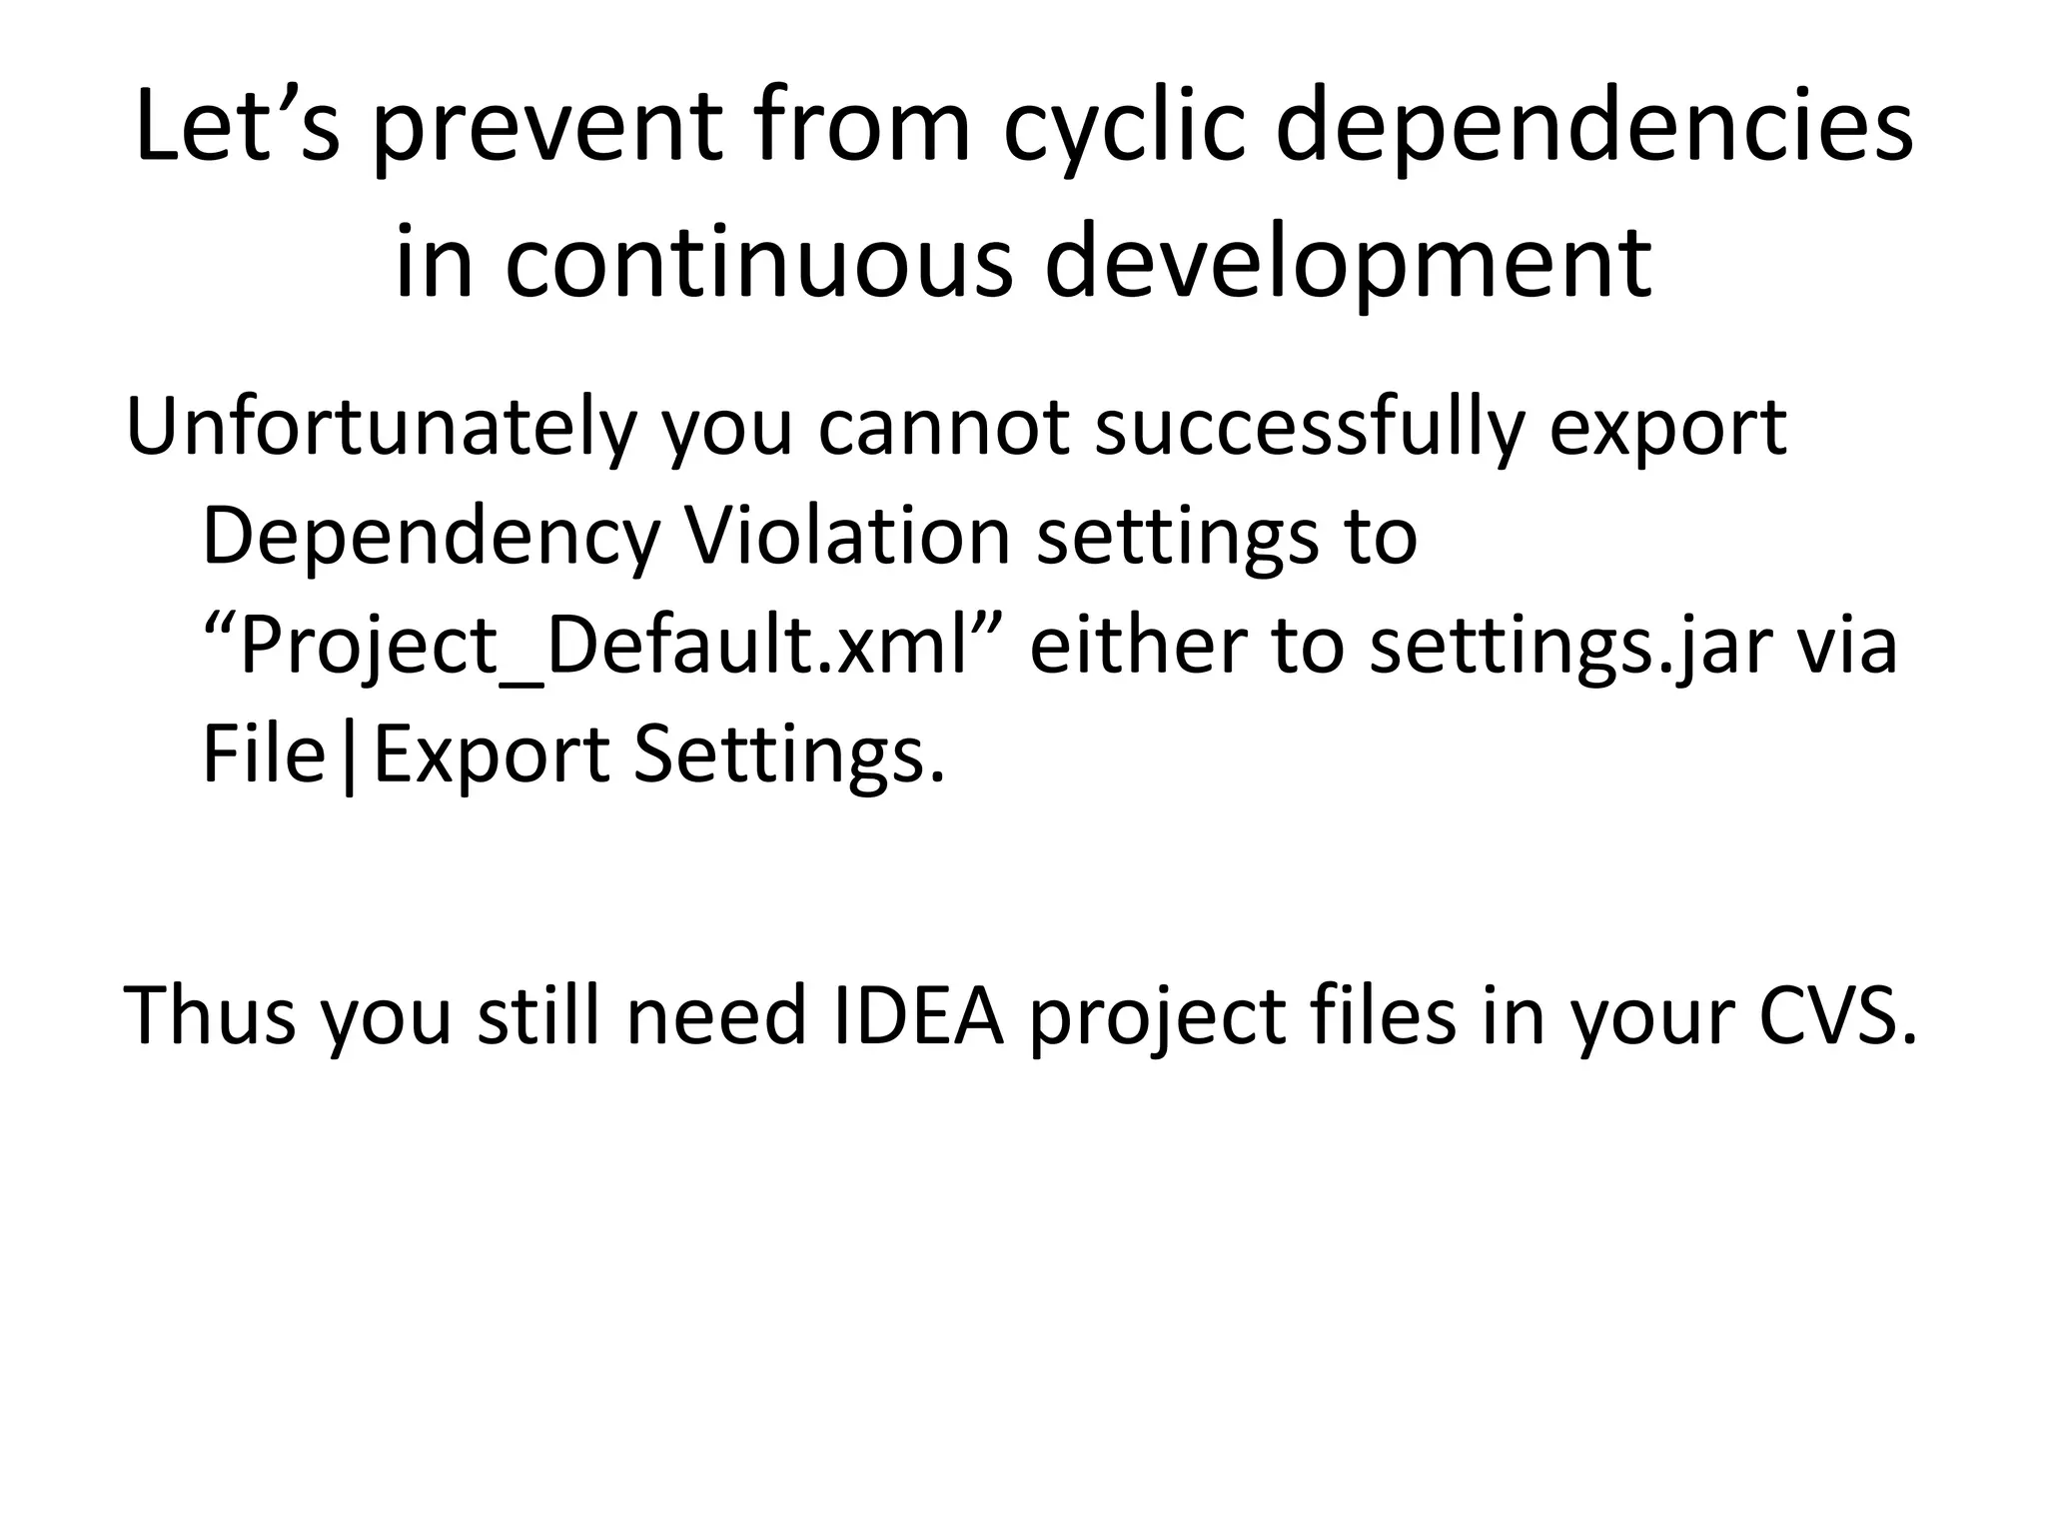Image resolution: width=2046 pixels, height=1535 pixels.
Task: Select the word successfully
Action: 1309,428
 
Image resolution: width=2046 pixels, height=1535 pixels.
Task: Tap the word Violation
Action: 847,537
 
